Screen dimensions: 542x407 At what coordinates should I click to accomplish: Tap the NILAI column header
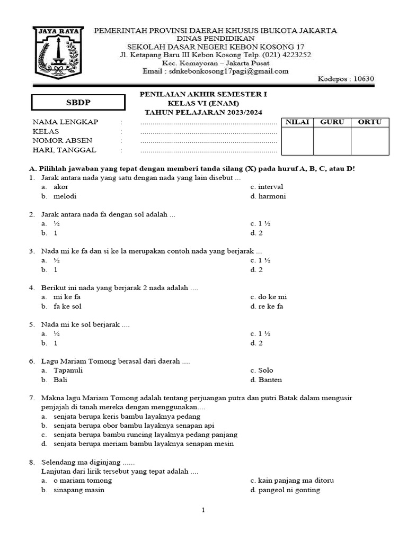pyautogui.click(x=297, y=122)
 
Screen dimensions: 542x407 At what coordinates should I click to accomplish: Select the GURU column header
pyautogui.click(x=332, y=122)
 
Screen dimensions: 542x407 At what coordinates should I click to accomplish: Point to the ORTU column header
pyautogui.click(x=369, y=122)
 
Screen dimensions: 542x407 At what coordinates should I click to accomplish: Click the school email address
pyautogui.click(x=216, y=71)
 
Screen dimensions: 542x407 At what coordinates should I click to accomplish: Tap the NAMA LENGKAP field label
pyautogui.click(x=66, y=122)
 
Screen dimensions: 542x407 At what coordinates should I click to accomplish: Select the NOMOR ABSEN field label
pyautogui.click(x=63, y=141)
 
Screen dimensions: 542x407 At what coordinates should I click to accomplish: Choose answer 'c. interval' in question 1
pyautogui.click(x=267, y=187)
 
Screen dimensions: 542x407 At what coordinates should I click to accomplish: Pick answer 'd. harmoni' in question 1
pyautogui.click(x=268, y=196)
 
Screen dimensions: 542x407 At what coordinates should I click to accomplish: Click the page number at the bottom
pyautogui.click(x=203, y=510)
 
